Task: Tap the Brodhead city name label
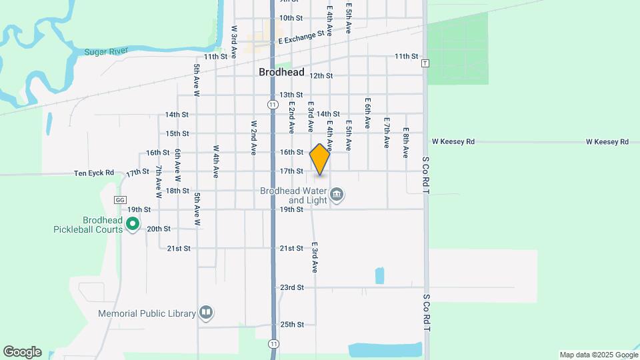pyautogui.click(x=281, y=72)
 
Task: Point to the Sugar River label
pyautogui.click(x=107, y=51)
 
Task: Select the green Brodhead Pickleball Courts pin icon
pyautogui.click(x=133, y=225)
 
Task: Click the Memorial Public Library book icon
pyautogui.click(x=206, y=313)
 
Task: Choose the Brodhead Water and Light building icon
pyautogui.click(x=337, y=195)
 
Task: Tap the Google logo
pyautogui.click(x=22, y=352)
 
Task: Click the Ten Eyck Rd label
pyautogui.click(x=94, y=173)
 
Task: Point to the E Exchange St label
pyautogui.click(x=301, y=37)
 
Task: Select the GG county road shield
pyautogui.click(x=120, y=199)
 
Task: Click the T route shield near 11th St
pyautogui.click(x=425, y=63)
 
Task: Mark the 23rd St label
pyautogui.click(x=291, y=287)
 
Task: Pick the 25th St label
pyautogui.click(x=291, y=325)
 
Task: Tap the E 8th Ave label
pyautogui.click(x=405, y=143)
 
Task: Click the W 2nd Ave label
pyautogui.click(x=253, y=138)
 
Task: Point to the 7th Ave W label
pyautogui.click(x=159, y=183)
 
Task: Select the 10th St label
pyautogui.click(x=291, y=18)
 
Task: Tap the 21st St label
pyautogui.click(x=291, y=248)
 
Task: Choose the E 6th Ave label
pyautogui.click(x=367, y=113)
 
